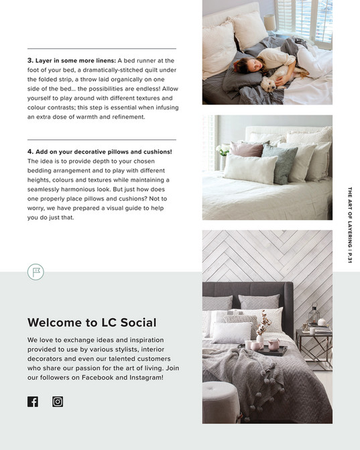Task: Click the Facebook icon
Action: click(33, 402)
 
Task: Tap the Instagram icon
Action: click(58, 402)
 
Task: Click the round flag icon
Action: click(36, 272)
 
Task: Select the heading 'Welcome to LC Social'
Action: click(92, 323)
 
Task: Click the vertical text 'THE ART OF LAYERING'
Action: click(349, 218)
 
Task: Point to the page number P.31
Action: click(349, 257)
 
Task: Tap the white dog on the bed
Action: click(272, 82)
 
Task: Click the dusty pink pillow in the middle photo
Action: click(249, 149)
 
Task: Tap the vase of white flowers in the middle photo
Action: click(223, 152)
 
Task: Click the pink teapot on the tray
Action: click(274, 344)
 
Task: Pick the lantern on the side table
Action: click(313, 315)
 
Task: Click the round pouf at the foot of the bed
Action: click(220, 401)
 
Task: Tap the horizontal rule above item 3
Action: click(102, 49)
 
